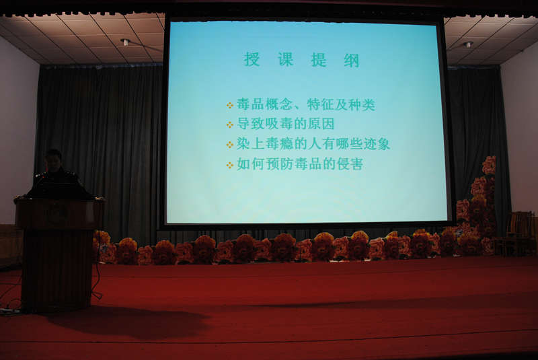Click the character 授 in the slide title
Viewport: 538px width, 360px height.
(x=252, y=60)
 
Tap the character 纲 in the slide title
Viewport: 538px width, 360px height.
(x=351, y=61)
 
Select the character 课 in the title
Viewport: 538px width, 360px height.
(x=285, y=60)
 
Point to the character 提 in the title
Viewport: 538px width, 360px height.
(x=318, y=60)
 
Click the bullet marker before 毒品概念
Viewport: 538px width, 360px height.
(x=230, y=106)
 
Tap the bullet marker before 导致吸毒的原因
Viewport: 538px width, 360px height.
(x=230, y=125)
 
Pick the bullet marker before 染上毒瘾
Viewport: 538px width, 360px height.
(x=230, y=145)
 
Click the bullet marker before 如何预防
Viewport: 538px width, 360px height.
(x=230, y=166)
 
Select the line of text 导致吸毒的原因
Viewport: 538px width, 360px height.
(x=285, y=124)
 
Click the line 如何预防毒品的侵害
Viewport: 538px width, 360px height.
(x=299, y=164)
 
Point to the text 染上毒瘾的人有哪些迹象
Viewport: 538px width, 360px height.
(x=313, y=144)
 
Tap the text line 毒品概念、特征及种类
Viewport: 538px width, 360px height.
(x=306, y=104)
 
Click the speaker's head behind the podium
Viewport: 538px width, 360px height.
(x=54, y=160)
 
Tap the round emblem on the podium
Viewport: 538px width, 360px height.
(x=57, y=214)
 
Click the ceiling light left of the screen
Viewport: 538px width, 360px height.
(x=125, y=42)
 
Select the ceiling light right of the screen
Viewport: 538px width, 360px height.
(x=468, y=44)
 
